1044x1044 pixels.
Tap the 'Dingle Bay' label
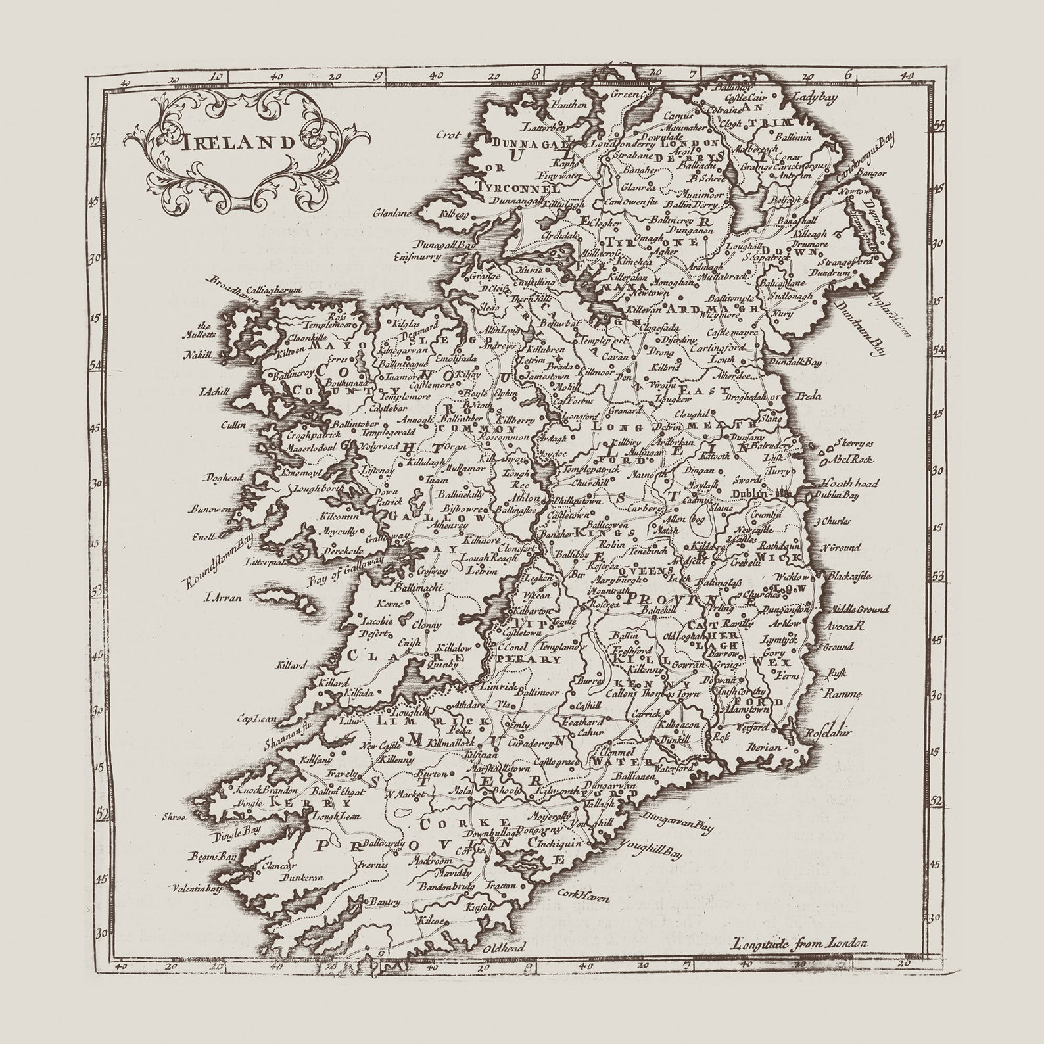pos(235,831)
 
